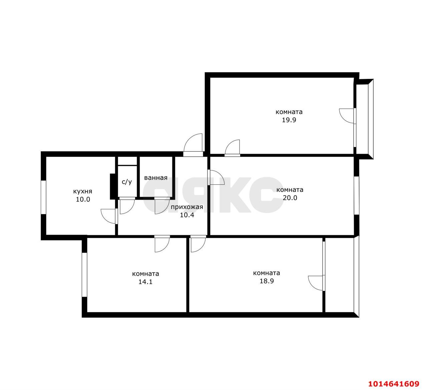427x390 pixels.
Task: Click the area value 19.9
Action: tap(289, 120)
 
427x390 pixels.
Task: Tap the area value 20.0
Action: tap(290, 198)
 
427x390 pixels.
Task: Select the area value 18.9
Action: tap(267, 281)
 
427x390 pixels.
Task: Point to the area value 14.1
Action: tap(145, 282)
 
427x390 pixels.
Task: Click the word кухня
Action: tap(83, 191)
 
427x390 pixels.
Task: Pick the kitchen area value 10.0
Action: tap(83, 199)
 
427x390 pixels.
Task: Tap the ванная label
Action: tap(156, 178)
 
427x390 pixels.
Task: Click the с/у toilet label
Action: tap(127, 182)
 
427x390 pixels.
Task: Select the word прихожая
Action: tap(187, 207)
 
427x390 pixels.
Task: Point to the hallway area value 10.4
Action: tap(187, 215)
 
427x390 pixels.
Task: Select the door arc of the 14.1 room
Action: tap(165, 247)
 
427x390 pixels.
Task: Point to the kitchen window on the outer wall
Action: tap(43, 197)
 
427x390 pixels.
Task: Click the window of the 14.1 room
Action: tap(84, 275)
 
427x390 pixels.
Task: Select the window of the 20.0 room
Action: tap(357, 196)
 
